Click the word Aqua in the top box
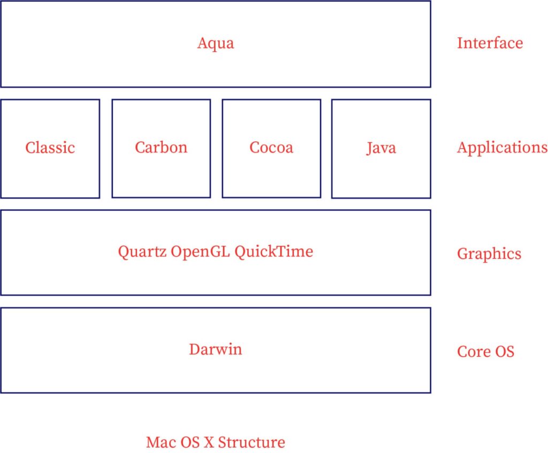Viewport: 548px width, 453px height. [215, 43]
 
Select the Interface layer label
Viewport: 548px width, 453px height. [490, 43]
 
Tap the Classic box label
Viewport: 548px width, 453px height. [50, 148]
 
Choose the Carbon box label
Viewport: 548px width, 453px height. [161, 147]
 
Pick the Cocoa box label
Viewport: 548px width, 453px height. [271, 148]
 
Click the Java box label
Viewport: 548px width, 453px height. [381, 148]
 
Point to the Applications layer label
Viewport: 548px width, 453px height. [502, 148]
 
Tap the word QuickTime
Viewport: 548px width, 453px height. [273, 251]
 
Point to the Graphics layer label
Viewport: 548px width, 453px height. [489, 254]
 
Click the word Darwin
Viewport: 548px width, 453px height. [215, 350]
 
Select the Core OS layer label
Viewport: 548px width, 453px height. [485, 352]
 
